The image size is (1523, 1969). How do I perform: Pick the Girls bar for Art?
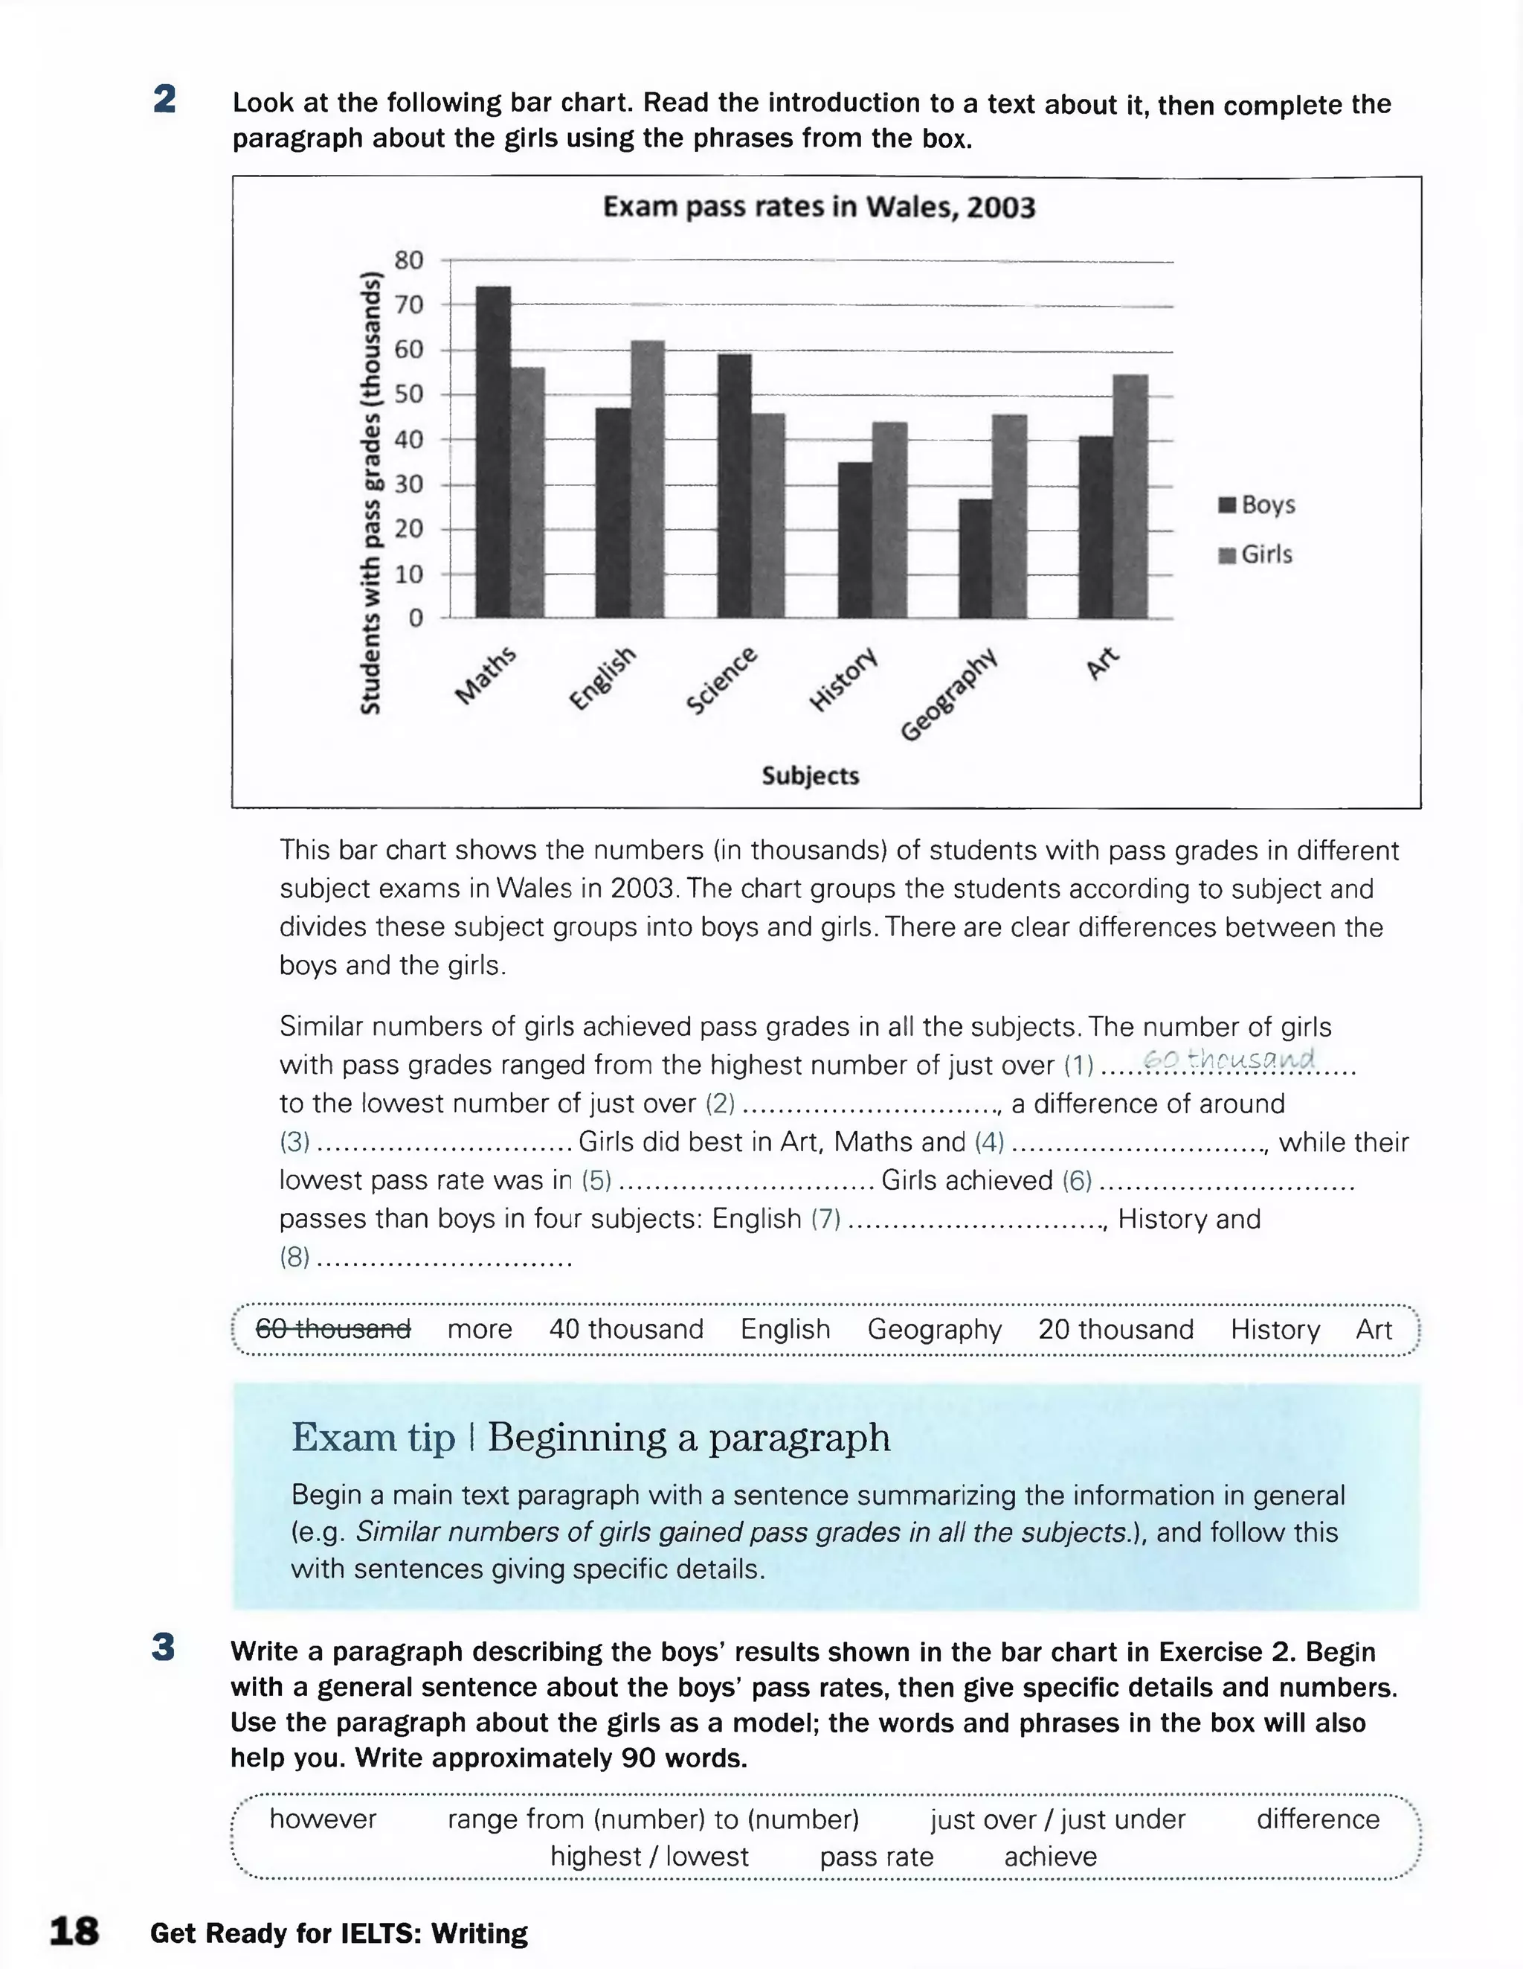[x=1131, y=496]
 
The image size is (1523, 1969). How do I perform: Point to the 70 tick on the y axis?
[x=409, y=305]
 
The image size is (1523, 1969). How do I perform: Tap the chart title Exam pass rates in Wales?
[x=818, y=208]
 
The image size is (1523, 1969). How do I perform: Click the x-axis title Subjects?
[x=809, y=775]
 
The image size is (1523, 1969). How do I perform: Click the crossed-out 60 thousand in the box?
[x=333, y=1329]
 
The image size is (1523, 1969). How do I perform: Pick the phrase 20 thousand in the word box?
[x=1115, y=1329]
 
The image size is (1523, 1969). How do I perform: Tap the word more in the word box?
[x=480, y=1329]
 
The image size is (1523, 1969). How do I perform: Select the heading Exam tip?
[x=373, y=1438]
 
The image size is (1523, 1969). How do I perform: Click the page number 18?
[x=74, y=1931]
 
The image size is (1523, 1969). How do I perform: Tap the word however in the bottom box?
[x=323, y=1819]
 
